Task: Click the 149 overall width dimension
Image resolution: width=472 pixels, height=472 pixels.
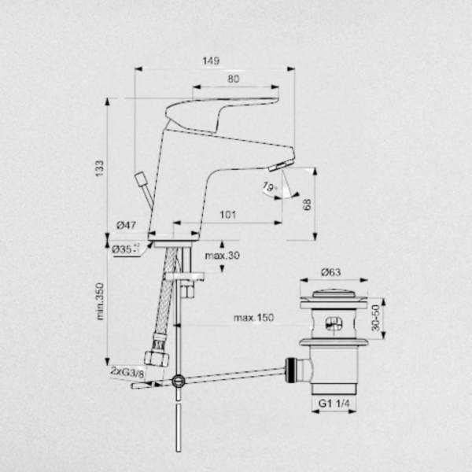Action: (x=211, y=61)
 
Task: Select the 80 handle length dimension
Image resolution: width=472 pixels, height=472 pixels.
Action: (x=234, y=79)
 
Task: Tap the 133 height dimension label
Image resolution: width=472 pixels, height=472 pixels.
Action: (x=99, y=168)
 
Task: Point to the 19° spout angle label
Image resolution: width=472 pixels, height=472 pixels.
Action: (x=269, y=187)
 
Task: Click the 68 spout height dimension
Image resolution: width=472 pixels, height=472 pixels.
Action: (x=307, y=205)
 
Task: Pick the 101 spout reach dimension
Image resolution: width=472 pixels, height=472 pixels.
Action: (x=228, y=215)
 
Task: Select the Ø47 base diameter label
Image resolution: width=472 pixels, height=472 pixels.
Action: (x=127, y=225)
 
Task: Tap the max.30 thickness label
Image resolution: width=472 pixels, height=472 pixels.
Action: (x=222, y=256)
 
